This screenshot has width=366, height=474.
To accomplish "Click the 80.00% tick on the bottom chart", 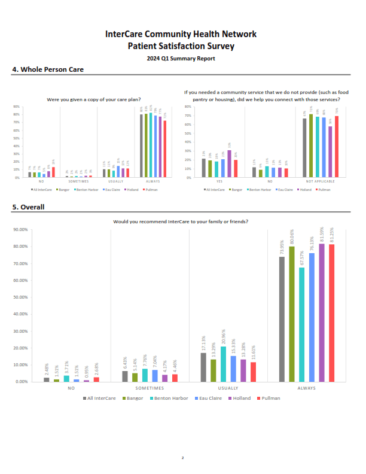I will coord(20,247).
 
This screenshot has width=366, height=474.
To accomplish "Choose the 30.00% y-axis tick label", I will coord(20,331).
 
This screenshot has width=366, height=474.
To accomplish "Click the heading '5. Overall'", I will coord(28,207).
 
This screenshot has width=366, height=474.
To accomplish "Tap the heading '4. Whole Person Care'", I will coord(48,69).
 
